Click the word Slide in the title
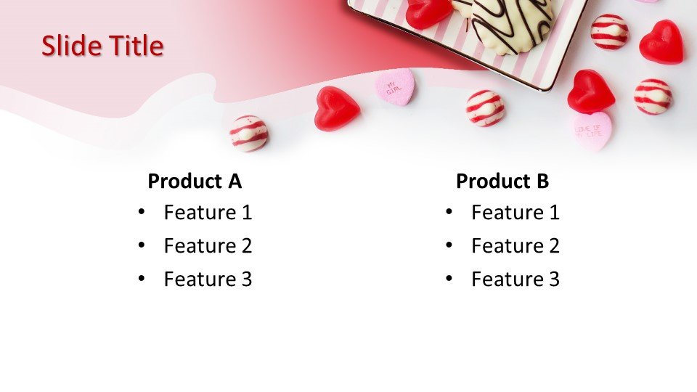(x=72, y=46)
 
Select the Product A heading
(x=195, y=181)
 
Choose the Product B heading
(x=502, y=181)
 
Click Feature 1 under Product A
(x=208, y=213)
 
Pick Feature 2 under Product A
(x=208, y=246)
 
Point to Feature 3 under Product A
(x=208, y=279)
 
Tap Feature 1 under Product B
(x=515, y=213)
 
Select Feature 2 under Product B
(x=515, y=246)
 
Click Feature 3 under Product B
(x=515, y=279)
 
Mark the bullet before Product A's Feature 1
(x=142, y=212)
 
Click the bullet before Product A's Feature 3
(x=142, y=279)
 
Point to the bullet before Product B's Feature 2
(x=449, y=245)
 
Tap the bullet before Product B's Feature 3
(x=449, y=279)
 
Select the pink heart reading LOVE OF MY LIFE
(x=592, y=130)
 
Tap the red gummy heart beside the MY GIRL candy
(x=336, y=107)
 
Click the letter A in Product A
(x=235, y=181)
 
